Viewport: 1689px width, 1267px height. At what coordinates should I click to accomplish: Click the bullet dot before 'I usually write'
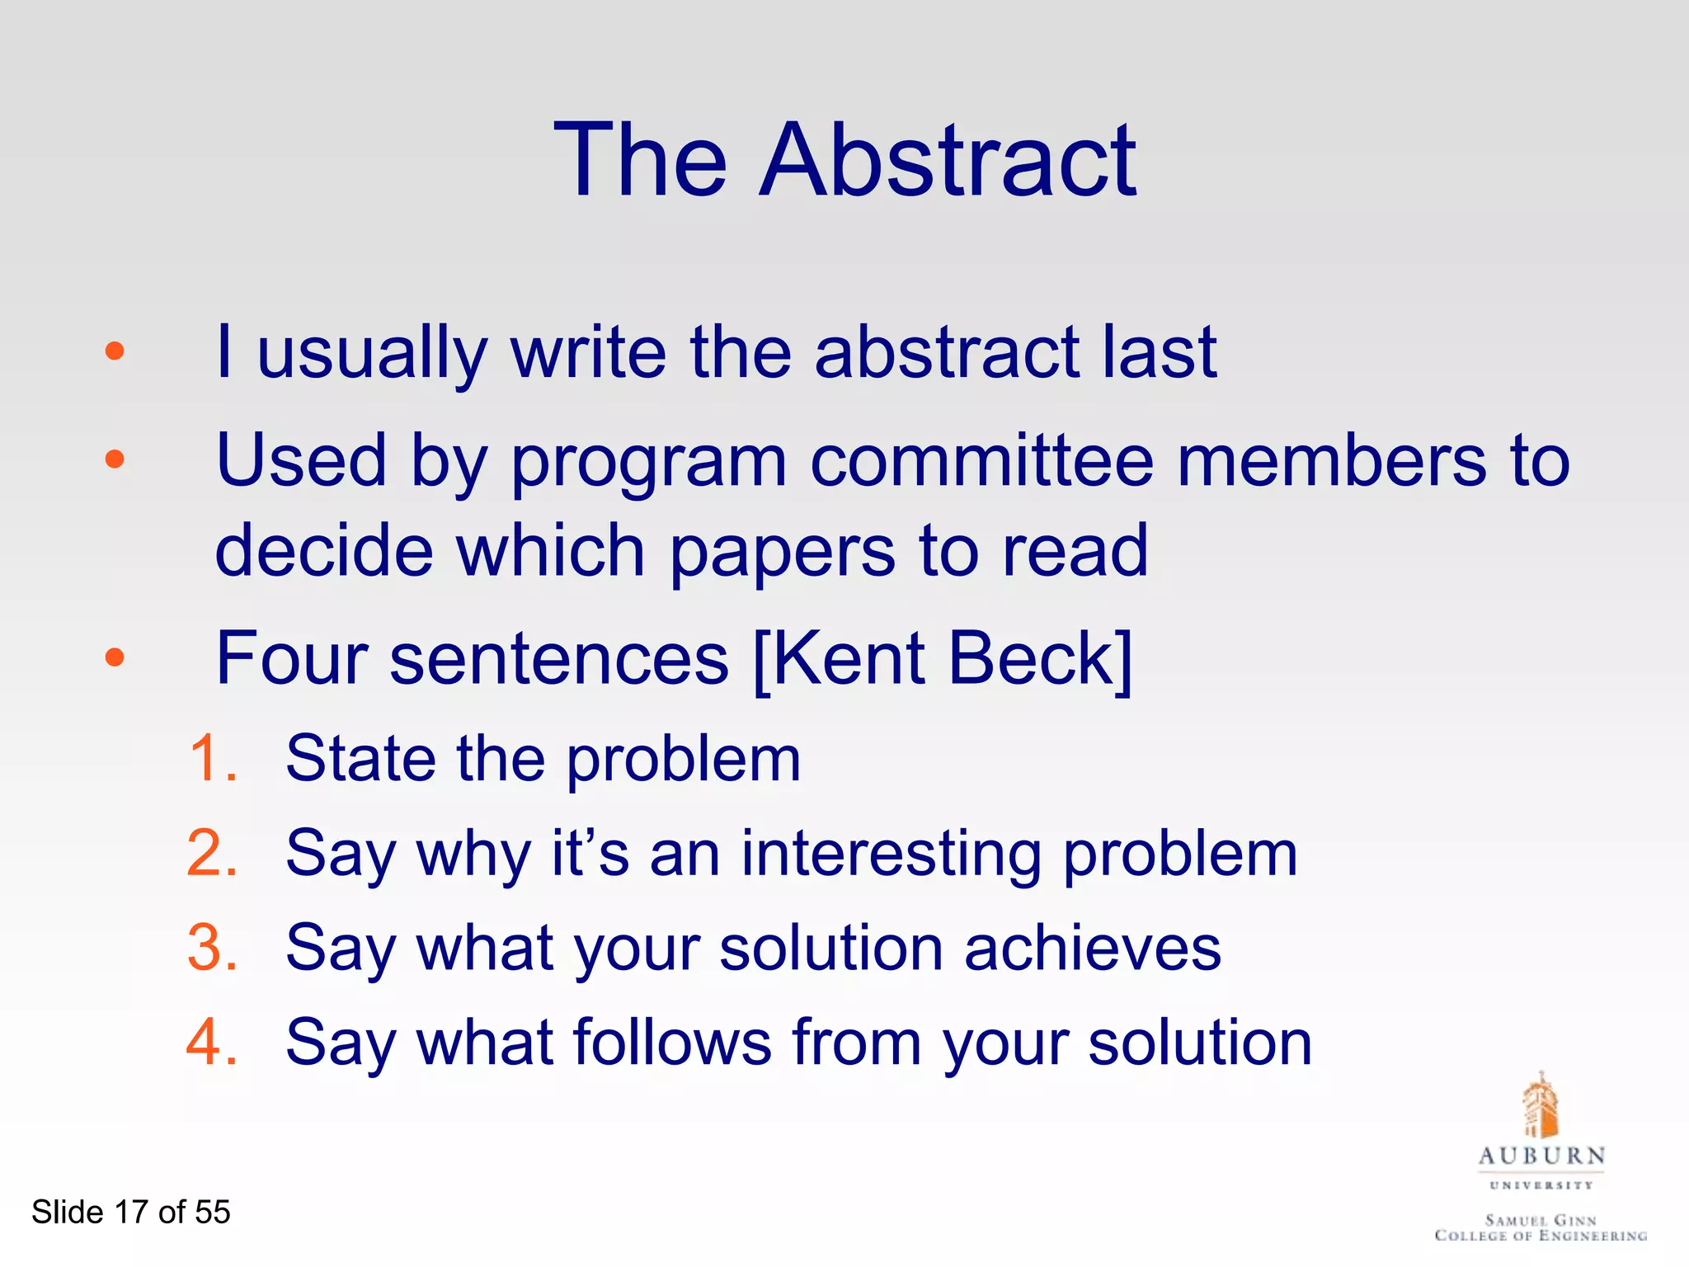115,352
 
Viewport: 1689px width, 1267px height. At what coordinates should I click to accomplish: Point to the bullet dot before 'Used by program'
115,459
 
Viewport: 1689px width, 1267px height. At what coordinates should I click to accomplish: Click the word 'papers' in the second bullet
781,551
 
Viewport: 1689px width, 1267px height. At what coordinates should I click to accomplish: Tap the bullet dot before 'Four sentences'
115,657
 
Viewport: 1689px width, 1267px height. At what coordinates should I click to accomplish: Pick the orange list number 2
212,853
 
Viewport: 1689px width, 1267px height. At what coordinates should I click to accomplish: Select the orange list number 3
212,948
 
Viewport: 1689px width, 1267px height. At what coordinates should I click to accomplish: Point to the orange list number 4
212,1043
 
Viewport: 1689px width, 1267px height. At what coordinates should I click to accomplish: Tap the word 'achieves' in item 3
1093,948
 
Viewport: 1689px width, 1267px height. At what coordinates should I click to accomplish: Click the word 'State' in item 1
360,759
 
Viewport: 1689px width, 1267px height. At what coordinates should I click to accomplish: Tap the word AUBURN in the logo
1541,1156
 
